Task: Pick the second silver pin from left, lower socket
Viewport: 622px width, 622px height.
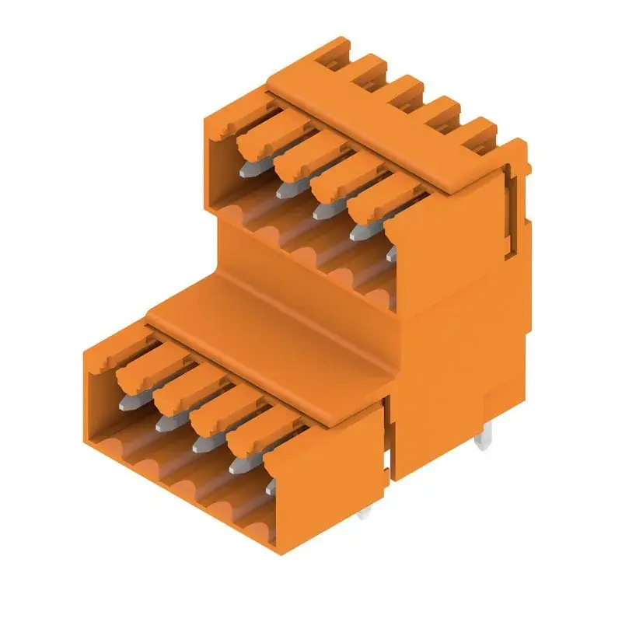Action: point(165,422)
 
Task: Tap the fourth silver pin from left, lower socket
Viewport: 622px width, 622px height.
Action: point(238,464)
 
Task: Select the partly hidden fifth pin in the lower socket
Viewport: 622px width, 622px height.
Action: point(270,487)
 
